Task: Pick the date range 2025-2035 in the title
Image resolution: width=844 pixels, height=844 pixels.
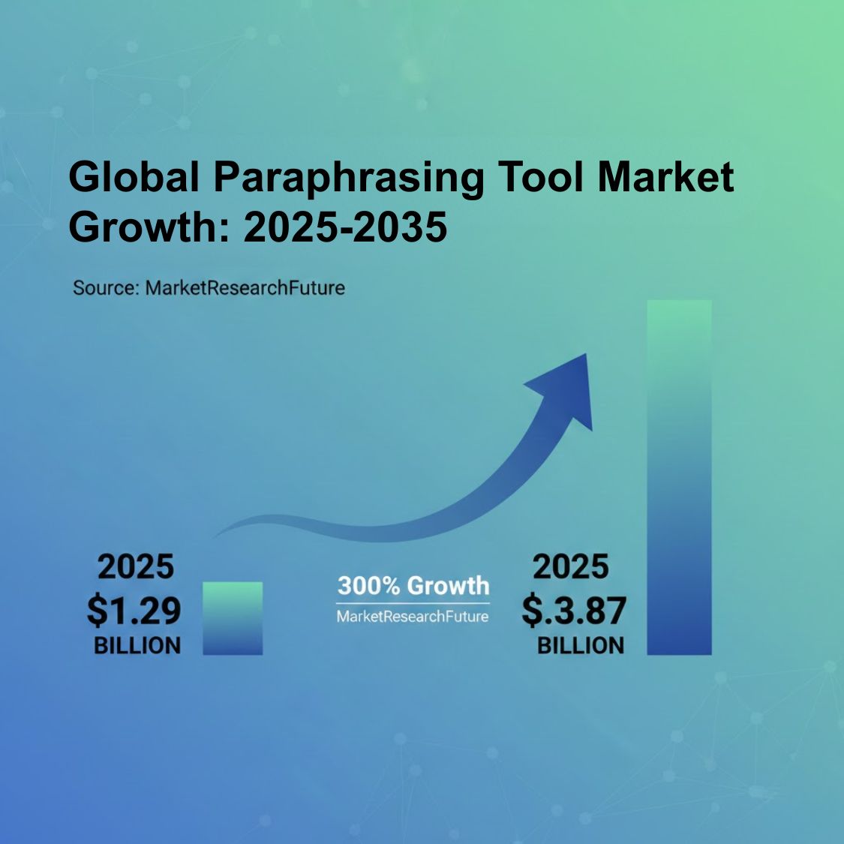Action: (x=346, y=227)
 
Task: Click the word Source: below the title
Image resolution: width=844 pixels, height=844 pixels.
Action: (x=106, y=287)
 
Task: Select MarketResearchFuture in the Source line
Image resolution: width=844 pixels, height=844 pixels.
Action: (x=245, y=287)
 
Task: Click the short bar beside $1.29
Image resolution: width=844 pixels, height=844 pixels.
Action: (x=233, y=618)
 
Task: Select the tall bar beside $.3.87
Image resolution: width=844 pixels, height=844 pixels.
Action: (x=679, y=477)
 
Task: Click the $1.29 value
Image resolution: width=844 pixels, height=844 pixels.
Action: (x=134, y=610)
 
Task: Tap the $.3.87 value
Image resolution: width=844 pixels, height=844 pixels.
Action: (x=574, y=610)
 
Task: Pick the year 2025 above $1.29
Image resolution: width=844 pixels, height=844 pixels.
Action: (x=136, y=567)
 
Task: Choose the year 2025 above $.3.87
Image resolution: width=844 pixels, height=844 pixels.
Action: (x=571, y=567)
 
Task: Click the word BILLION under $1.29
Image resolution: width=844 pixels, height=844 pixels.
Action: (x=137, y=645)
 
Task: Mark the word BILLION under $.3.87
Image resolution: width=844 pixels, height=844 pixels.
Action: (x=581, y=645)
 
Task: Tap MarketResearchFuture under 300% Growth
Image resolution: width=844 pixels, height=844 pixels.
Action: (x=413, y=617)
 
